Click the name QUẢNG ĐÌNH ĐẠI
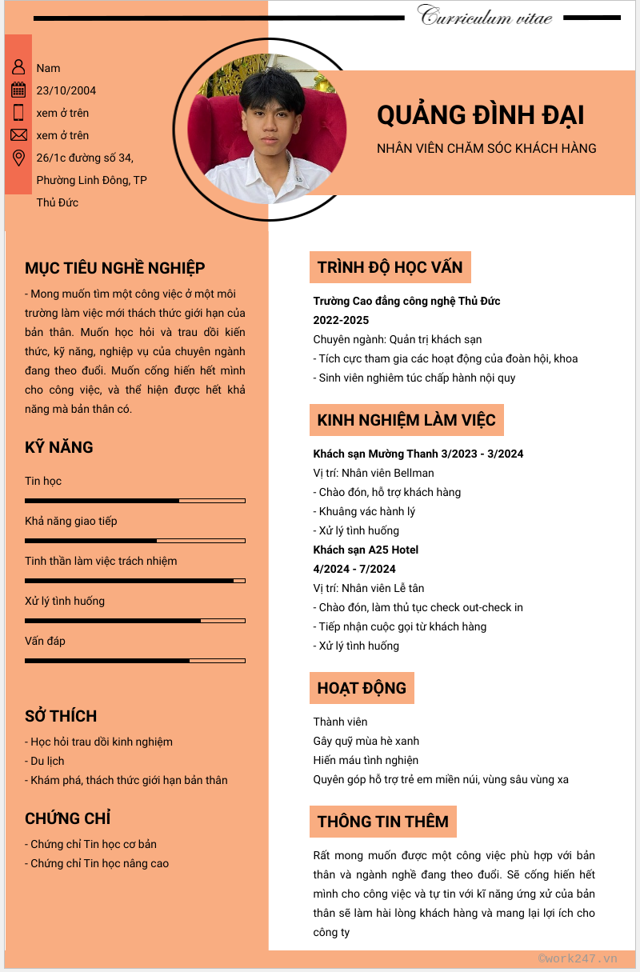point(480,115)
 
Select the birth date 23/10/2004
point(66,90)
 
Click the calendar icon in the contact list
point(18,90)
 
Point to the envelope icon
point(18,134)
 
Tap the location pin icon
point(18,158)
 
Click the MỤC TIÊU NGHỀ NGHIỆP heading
point(115,268)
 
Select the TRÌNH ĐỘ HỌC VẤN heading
point(390,267)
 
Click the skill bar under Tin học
point(134,501)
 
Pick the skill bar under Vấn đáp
point(134,661)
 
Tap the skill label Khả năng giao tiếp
point(71,521)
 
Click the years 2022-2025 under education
point(341,320)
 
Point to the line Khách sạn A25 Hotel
point(366,550)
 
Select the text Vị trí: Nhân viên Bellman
point(374,473)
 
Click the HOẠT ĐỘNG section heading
point(362,688)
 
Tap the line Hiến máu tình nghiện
point(366,760)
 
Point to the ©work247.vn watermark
point(578,958)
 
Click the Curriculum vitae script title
point(485,17)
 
